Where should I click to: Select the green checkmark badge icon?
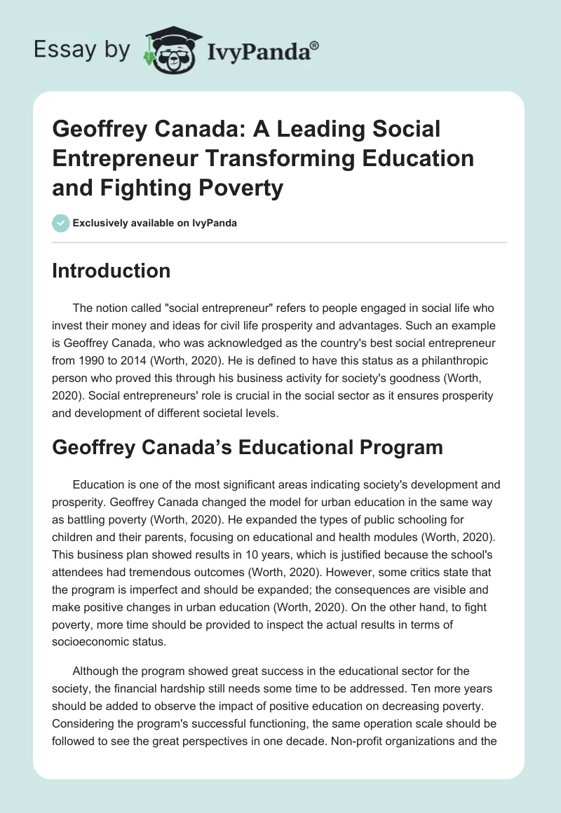coord(60,222)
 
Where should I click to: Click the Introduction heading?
coord(111,271)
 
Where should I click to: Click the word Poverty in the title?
coord(243,188)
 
